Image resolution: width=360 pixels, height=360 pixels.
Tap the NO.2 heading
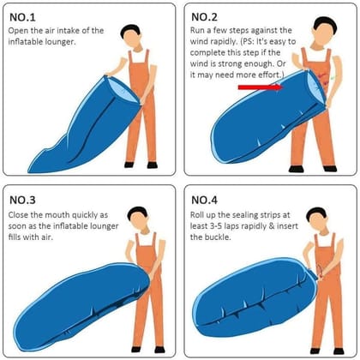tap(208, 16)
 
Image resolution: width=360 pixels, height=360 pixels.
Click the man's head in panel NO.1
tap(129, 35)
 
